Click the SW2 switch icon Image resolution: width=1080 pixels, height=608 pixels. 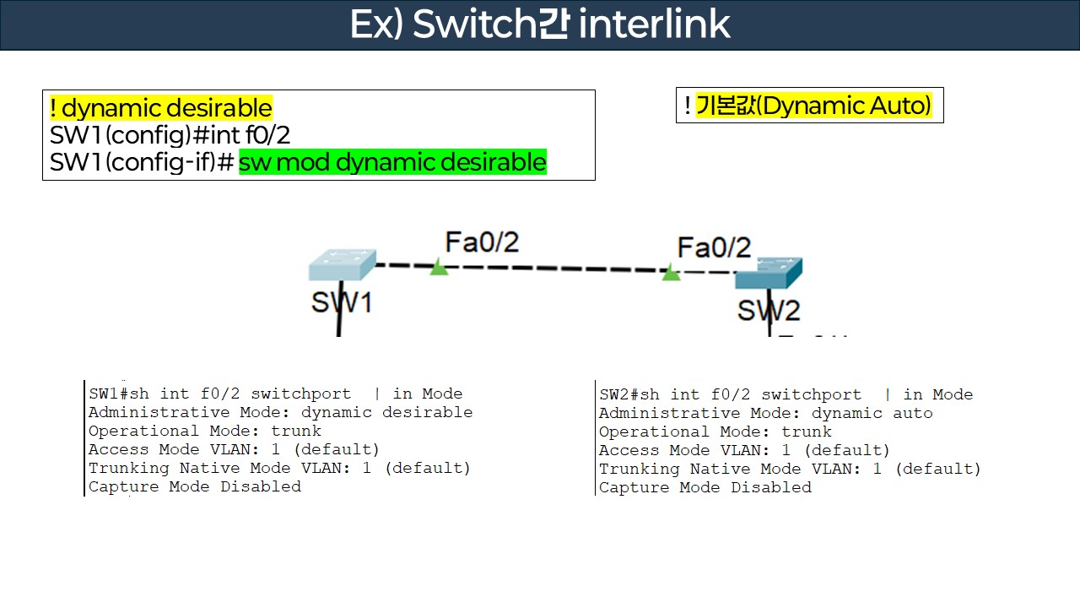pos(768,274)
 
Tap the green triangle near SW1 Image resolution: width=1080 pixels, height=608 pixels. pos(439,268)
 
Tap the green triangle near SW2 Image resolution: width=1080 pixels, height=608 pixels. pos(671,273)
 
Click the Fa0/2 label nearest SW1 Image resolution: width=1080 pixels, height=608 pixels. pos(482,242)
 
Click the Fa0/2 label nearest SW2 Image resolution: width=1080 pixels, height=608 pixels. pos(714,247)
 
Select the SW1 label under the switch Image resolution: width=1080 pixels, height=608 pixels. pos(341,301)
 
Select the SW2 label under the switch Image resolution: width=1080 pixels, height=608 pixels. pos(768,310)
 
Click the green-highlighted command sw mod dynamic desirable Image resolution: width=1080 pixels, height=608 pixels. pos(392,161)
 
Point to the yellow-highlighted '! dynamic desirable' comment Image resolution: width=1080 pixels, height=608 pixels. pos(160,108)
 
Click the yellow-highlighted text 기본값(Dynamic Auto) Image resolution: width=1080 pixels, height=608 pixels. pos(813,106)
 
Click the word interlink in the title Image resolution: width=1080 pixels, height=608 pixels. pos(655,24)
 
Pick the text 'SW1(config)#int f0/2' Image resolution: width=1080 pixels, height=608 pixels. pos(170,135)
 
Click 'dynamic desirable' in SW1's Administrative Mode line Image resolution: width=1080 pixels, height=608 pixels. pos(386,413)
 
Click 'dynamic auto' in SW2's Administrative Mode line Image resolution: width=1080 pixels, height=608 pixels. pos(872,414)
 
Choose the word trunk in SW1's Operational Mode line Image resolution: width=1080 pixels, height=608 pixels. pos(296,432)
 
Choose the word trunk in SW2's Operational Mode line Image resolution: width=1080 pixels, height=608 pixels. pos(807,432)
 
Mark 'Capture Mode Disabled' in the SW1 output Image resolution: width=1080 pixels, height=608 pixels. pos(195,486)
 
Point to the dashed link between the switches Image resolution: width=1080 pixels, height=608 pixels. pos(553,269)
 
